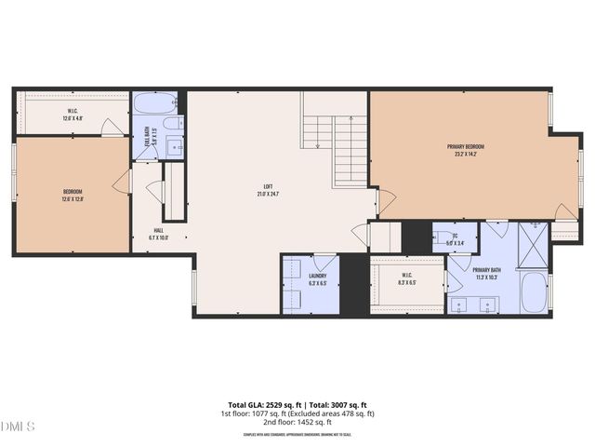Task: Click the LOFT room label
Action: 267,187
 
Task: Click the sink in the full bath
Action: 174,146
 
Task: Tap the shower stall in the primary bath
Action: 534,243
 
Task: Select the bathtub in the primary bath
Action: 535,292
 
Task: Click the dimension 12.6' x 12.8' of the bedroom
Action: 73,198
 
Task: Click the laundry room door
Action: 324,262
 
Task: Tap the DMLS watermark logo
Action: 18,427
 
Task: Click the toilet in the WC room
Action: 439,238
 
